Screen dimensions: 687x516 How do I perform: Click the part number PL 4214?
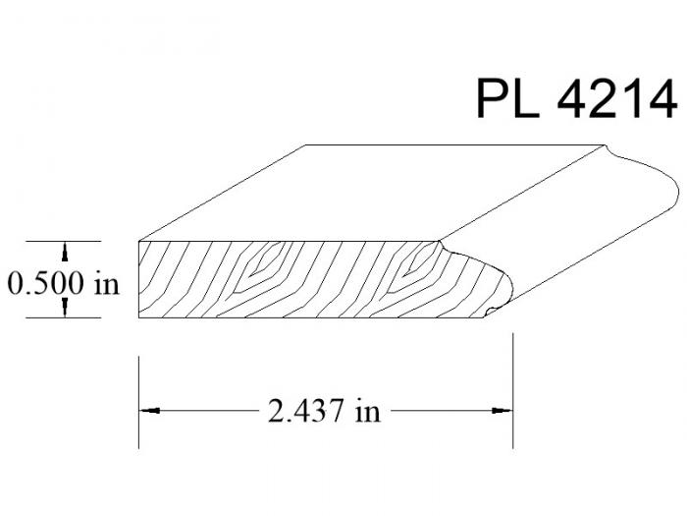click(577, 98)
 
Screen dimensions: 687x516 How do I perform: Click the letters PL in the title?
click(508, 98)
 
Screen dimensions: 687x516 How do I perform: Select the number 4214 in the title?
click(617, 98)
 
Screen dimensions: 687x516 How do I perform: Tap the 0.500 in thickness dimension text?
click(64, 283)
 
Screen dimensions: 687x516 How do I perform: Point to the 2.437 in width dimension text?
click(324, 411)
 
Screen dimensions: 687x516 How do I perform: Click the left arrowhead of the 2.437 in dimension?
click(149, 411)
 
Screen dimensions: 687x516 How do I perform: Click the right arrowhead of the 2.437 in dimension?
click(502, 411)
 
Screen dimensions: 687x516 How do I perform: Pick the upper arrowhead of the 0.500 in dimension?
click(65, 252)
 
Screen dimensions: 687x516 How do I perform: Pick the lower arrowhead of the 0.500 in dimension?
click(65, 307)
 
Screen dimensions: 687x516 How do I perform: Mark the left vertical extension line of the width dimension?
click(139, 402)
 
